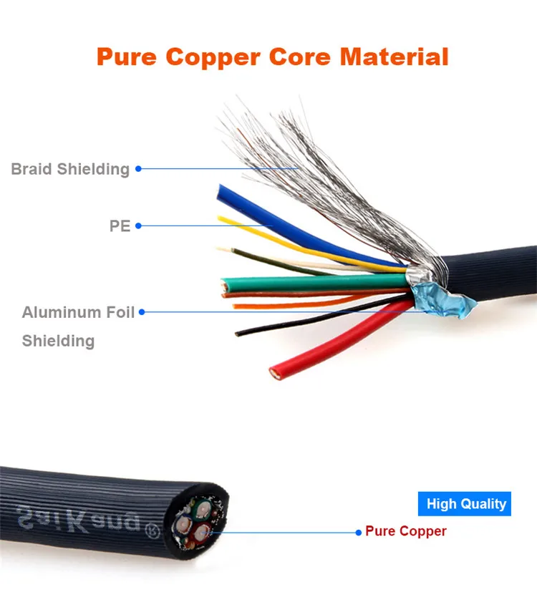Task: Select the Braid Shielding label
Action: click(70, 170)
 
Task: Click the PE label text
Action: click(120, 226)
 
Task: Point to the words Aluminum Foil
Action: click(78, 313)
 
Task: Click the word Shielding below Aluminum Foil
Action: click(58, 341)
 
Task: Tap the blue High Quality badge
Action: click(466, 504)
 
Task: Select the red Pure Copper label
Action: click(405, 531)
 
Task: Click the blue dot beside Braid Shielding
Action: click(138, 169)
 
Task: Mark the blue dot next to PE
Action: click(138, 226)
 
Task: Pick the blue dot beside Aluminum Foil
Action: click(142, 311)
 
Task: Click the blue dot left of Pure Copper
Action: click(359, 531)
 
